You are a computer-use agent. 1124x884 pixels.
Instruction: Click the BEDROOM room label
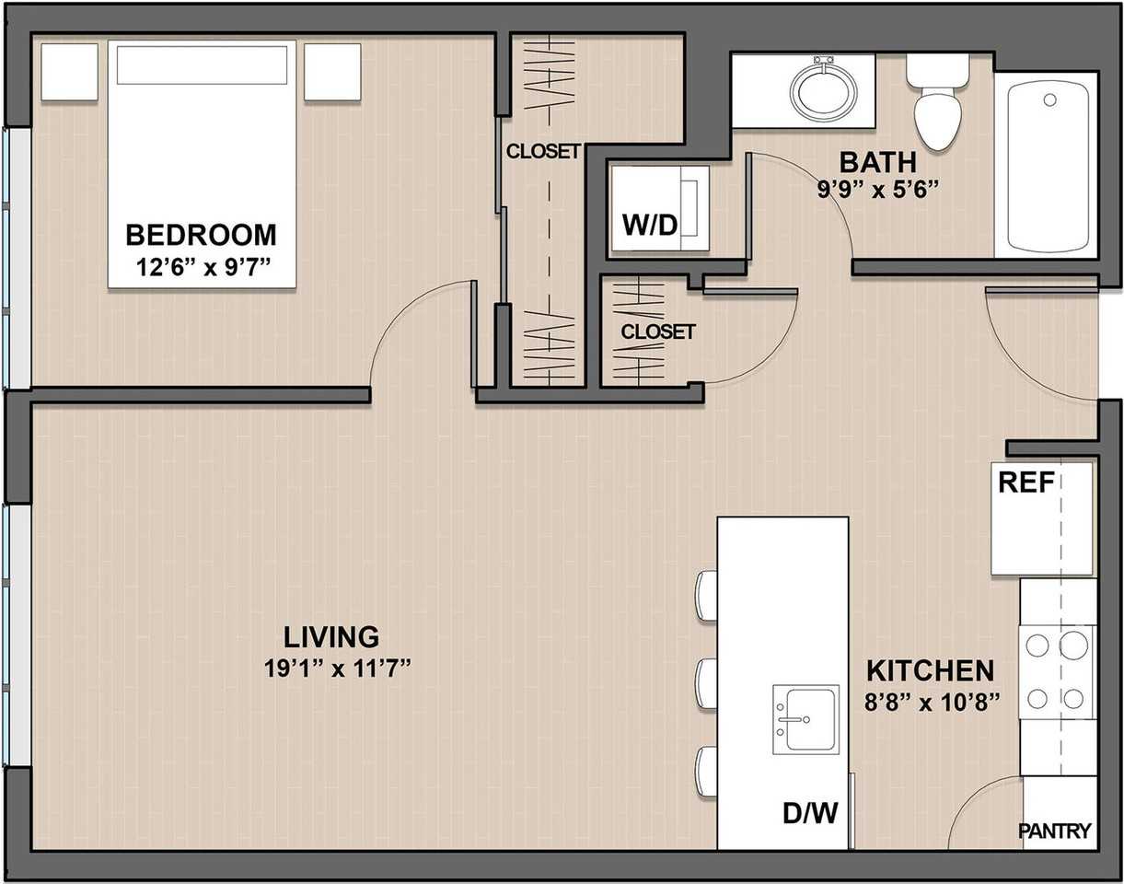point(201,235)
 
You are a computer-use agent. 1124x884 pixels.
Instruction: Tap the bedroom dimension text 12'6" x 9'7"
point(203,267)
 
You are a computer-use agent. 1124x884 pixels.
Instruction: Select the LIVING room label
point(331,637)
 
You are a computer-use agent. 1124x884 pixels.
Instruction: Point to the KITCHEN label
point(931,671)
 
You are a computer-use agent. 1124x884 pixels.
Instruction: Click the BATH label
point(878,162)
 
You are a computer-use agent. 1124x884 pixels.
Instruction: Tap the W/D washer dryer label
point(650,226)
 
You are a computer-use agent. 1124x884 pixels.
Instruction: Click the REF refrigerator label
point(1026,483)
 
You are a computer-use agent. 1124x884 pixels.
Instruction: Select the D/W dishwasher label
point(810,813)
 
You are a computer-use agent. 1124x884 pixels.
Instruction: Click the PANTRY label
point(1055,831)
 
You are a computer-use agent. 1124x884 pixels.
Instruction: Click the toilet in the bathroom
point(939,102)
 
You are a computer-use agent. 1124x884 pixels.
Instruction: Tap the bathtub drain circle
point(1049,99)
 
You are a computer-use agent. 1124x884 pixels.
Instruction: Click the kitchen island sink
point(805,719)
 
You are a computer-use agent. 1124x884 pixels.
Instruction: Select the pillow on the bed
point(202,64)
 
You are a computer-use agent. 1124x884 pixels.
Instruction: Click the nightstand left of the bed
point(69,72)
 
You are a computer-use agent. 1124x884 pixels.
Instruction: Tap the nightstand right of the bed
point(332,72)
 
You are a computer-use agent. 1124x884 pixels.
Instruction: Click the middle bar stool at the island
point(706,684)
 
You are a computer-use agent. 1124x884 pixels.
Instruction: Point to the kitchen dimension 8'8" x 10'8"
point(932,703)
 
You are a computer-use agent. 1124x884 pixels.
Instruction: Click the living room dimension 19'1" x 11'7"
point(338,669)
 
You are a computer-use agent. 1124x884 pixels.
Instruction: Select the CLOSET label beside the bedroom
point(543,152)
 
